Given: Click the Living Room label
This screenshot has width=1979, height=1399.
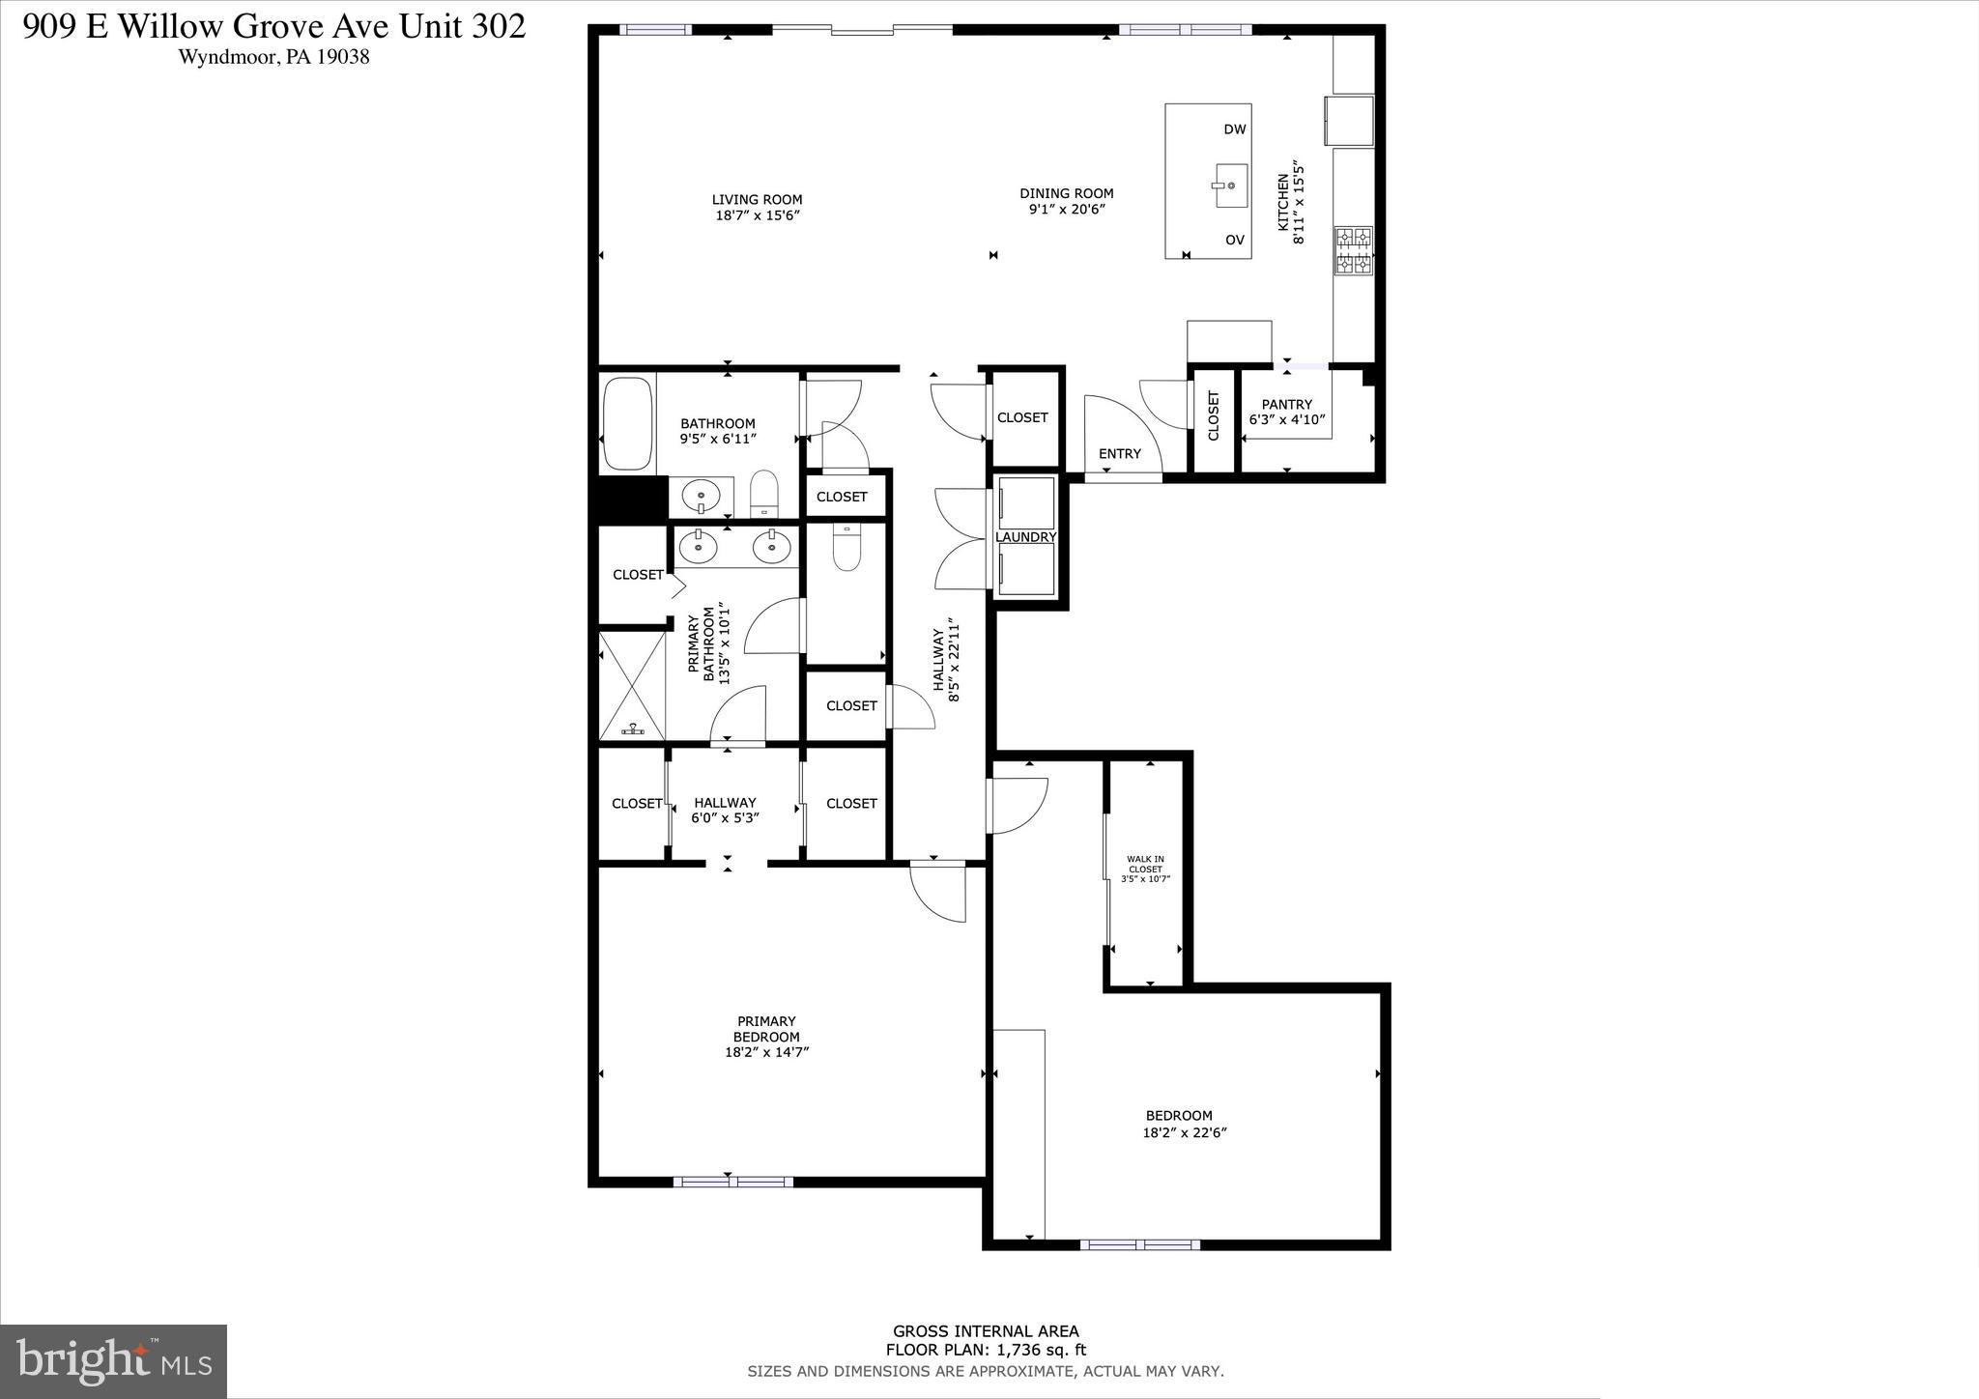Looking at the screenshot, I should (757, 200).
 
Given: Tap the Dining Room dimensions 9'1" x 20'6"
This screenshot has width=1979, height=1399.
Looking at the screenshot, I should (1066, 209).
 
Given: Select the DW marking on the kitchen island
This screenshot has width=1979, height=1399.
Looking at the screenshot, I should (1234, 129).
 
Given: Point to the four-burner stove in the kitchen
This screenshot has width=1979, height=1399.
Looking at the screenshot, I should (1353, 250).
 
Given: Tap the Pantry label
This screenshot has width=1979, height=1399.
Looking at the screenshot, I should (1286, 405).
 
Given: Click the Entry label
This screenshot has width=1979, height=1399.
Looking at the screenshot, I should (1119, 454).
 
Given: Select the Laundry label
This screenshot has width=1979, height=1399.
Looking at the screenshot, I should (1025, 537).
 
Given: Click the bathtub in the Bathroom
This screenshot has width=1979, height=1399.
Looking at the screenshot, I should (628, 423).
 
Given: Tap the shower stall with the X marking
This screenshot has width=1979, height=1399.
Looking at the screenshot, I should (632, 685).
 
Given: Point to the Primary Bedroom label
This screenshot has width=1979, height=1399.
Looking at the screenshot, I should (766, 1028).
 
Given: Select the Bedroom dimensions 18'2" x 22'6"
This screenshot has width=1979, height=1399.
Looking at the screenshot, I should (1184, 1133).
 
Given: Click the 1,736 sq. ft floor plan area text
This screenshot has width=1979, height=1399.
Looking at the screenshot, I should (986, 1351).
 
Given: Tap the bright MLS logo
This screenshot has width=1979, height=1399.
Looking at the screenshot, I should (113, 1361).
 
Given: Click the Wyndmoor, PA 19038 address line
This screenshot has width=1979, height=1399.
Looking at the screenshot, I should (273, 57).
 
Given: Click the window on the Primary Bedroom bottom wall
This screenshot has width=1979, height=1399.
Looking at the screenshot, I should (732, 1182).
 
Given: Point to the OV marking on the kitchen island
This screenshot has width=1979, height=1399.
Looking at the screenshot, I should (1234, 240).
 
